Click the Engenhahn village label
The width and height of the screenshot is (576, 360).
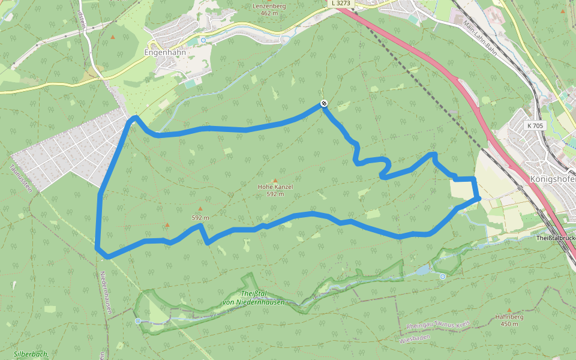[165, 52]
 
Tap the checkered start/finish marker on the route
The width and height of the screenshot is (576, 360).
[324, 104]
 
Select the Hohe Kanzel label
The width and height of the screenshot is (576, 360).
[275, 187]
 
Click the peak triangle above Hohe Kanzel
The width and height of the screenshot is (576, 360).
[275, 180]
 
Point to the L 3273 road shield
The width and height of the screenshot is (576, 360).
[340, 4]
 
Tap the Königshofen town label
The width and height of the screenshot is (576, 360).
[553, 178]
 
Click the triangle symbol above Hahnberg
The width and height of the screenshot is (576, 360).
[509, 310]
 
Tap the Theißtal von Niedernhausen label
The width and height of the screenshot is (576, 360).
[253, 298]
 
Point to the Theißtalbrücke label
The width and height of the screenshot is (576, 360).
[555, 238]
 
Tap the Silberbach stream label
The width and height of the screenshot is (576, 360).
[31, 355]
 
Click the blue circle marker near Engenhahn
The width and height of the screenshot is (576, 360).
[203, 40]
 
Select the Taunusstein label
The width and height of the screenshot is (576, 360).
[22, 177]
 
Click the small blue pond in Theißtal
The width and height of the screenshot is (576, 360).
[422, 271]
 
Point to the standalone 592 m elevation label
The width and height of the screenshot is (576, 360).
[200, 217]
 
